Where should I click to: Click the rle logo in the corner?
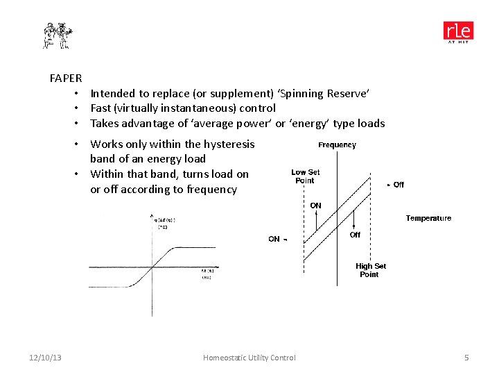[x=459, y=32]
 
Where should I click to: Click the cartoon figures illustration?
[x=58, y=35]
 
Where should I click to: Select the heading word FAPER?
[x=66, y=78]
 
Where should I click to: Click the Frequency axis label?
[x=337, y=145]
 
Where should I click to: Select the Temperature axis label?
[x=428, y=218]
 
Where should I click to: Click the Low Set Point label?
[x=305, y=176]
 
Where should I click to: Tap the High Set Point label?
[x=371, y=270]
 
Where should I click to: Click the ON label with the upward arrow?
[x=315, y=206]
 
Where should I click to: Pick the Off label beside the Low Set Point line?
[x=398, y=185]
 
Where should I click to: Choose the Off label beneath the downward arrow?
[x=355, y=235]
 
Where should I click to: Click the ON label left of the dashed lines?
[x=275, y=239]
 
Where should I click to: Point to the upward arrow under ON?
[x=316, y=220]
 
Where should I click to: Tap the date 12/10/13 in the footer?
[x=45, y=358]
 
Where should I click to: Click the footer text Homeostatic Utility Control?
[x=249, y=358]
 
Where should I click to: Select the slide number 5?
[x=466, y=358]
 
